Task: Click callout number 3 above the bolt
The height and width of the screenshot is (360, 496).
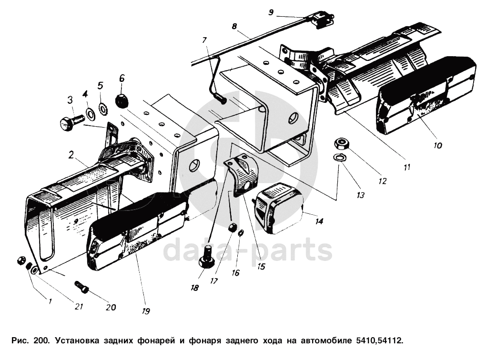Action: click(70, 100)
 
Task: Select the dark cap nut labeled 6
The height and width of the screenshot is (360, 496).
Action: click(121, 100)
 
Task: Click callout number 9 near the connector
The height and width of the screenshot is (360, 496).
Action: click(271, 12)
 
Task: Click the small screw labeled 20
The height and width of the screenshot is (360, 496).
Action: click(82, 287)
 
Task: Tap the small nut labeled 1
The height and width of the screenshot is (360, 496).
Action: click(20, 260)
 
